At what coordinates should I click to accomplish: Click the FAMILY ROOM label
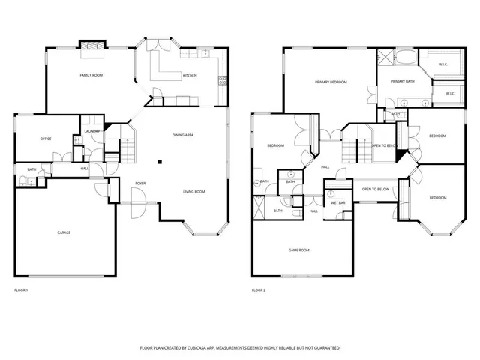91,76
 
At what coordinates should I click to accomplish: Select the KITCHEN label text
190,76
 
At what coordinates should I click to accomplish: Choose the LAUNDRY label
92,131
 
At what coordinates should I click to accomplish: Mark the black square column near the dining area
159,161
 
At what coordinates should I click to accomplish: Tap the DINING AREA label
183,135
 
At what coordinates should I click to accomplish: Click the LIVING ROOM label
194,192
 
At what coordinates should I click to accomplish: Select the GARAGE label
64,232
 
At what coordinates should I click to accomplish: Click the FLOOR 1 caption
22,290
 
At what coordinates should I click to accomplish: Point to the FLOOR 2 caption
259,290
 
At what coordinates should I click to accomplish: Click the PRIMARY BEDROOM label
331,82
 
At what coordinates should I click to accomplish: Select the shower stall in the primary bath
385,56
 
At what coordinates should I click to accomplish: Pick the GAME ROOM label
299,250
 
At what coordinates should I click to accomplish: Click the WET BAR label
337,202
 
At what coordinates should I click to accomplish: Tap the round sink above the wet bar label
331,193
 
